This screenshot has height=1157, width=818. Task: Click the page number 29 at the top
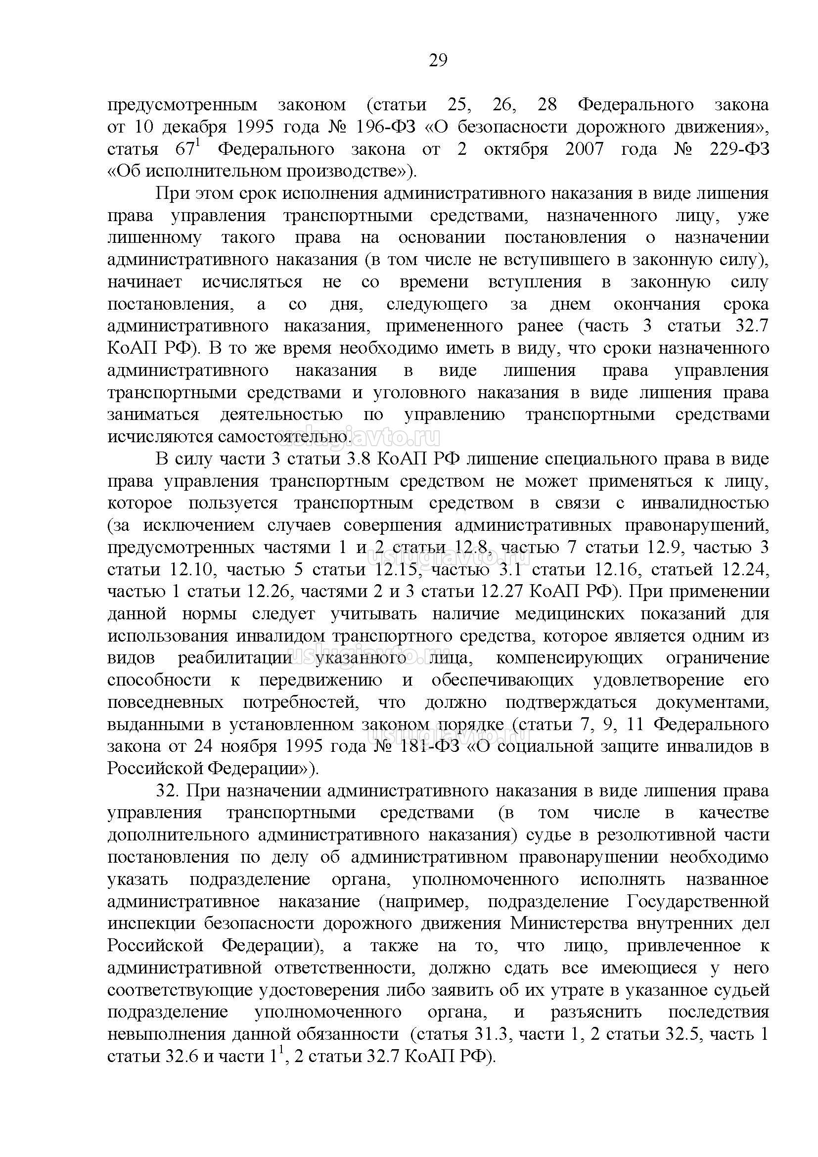[x=438, y=60]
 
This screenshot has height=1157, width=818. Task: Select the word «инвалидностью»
[x=705, y=503]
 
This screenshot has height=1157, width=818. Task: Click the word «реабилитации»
[x=234, y=658]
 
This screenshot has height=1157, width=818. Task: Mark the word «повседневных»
[x=166, y=702]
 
